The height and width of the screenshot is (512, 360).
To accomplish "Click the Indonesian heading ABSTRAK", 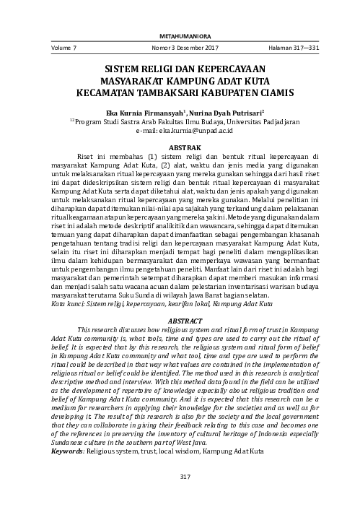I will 180,147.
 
